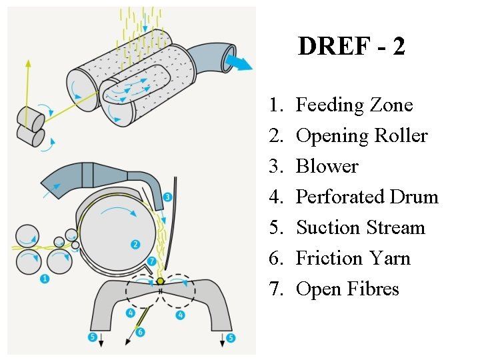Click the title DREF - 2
click(x=351, y=47)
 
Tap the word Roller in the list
click(x=400, y=136)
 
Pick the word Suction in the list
click(x=325, y=228)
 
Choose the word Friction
click(x=326, y=259)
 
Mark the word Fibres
click(x=372, y=289)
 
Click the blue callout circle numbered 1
click(x=45, y=279)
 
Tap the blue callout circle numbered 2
click(x=135, y=245)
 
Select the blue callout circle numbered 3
click(x=167, y=197)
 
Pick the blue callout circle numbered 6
click(x=140, y=332)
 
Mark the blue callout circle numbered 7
click(x=152, y=261)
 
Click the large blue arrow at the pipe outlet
click(x=239, y=63)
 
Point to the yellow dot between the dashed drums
click(x=160, y=281)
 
